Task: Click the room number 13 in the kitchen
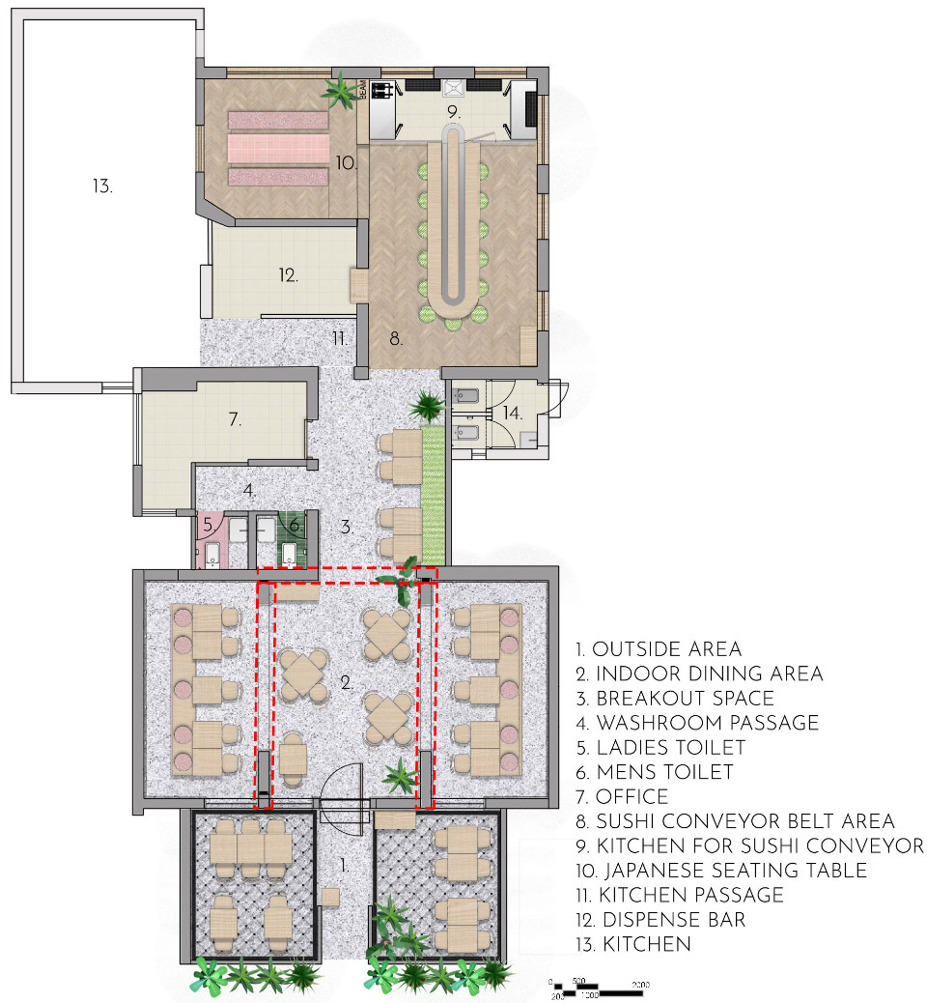click(102, 186)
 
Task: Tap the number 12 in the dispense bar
click(288, 275)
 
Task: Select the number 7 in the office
click(233, 420)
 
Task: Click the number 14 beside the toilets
click(511, 413)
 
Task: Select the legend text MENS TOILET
click(663, 772)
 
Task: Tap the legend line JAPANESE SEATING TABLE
click(731, 871)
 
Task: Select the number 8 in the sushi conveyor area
click(394, 340)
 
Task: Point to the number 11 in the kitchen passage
click(338, 339)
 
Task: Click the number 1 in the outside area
click(344, 865)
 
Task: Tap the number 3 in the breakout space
click(345, 528)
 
